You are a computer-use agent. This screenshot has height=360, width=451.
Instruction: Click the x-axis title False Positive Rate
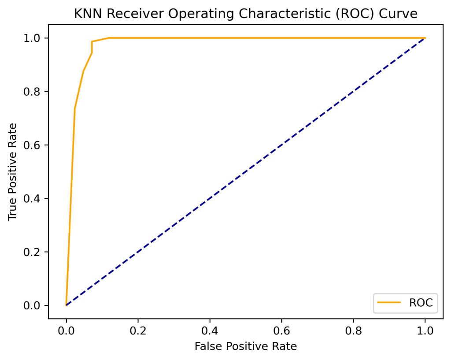pyautogui.click(x=245, y=346)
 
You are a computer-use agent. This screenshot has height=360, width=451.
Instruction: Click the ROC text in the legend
pyautogui.click(x=421, y=303)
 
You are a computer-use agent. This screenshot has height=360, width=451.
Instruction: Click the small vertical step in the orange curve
pyautogui.click(x=92, y=47)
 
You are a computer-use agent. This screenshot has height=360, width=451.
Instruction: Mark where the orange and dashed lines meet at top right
pyautogui.click(x=425, y=38)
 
